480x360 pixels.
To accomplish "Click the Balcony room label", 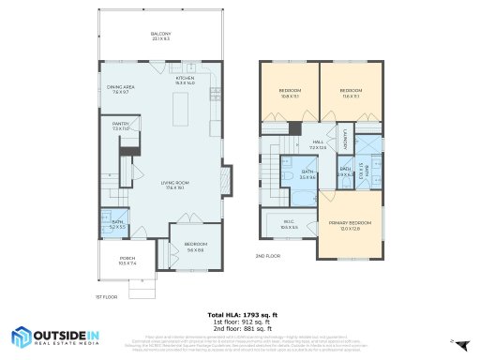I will (x=160, y=37).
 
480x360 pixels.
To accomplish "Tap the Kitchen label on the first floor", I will (x=197, y=81).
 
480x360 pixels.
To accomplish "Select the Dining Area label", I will (x=121, y=89).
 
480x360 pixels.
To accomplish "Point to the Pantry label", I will (x=120, y=125).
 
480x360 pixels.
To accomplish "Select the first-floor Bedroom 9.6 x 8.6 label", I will (x=195, y=247).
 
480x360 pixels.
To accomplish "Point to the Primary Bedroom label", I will (x=350, y=225).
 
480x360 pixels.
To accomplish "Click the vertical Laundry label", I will (x=346, y=139).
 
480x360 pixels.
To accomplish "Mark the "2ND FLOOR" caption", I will (x=268, y=255).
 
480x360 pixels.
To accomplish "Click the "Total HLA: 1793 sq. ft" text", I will (x=239, y=314).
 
